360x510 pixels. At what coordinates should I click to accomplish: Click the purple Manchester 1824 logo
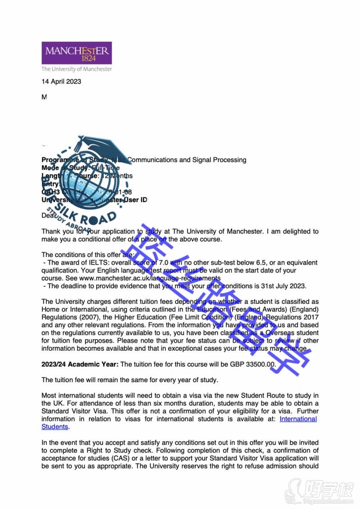click(76, 53)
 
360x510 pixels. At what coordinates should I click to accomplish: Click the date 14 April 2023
click(61, 81)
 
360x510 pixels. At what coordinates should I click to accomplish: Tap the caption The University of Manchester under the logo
click(76, 69)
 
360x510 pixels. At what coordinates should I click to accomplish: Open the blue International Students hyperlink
click(298, 419)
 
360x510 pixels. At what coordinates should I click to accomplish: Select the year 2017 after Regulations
click(310, 317)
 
